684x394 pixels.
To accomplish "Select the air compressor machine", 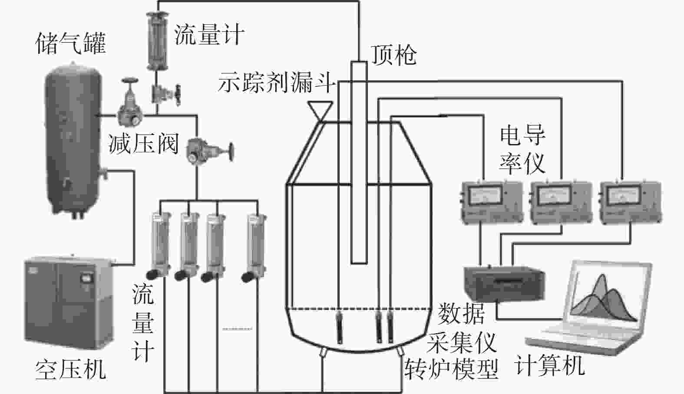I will tap(68, 299).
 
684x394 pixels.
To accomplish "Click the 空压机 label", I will tap(70, 370).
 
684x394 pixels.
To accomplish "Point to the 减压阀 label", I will tap(143, 143).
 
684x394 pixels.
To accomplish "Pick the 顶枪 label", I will tap(393, 55).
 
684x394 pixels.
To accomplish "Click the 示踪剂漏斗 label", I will tap(277, 82).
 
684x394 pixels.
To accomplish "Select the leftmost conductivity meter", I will tap(491, 202).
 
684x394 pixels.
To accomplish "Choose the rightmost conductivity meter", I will tap(630, 202).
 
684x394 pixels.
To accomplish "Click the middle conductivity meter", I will tap(560, 202).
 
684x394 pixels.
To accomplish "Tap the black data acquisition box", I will tap(504, 283).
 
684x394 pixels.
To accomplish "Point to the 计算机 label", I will tap(549, 365).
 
